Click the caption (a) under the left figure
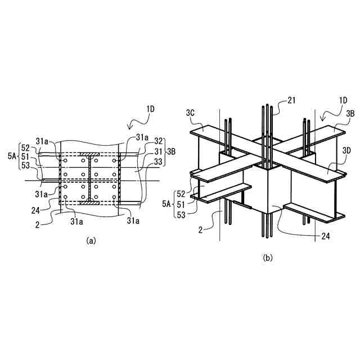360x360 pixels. click(91, 240)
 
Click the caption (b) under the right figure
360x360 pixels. click(268, 258)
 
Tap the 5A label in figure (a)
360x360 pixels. click(11, 156)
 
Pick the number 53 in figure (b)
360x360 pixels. click(181, 214)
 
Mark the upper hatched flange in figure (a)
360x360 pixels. click(90, 153)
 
